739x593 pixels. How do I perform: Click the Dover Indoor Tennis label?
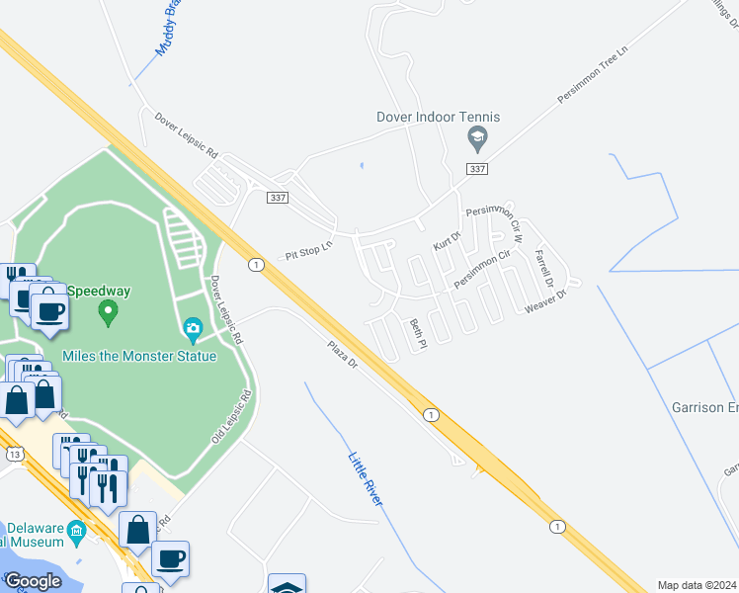coord(438,117)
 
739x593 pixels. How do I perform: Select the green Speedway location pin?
coord(109,313)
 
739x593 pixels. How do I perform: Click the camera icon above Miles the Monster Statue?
coord(193,327)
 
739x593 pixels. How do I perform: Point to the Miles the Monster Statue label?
coord(139,356)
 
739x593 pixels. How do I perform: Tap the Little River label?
coord(365,479)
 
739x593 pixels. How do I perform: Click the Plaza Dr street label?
coord(342,355)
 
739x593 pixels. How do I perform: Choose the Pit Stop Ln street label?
coord(310,248)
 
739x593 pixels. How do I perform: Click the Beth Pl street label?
coord(417,334)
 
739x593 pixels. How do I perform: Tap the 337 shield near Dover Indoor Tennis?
coord(477,169)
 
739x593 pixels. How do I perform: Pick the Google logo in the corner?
coord(34,580)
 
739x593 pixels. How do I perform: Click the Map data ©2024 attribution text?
coord(698,585)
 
